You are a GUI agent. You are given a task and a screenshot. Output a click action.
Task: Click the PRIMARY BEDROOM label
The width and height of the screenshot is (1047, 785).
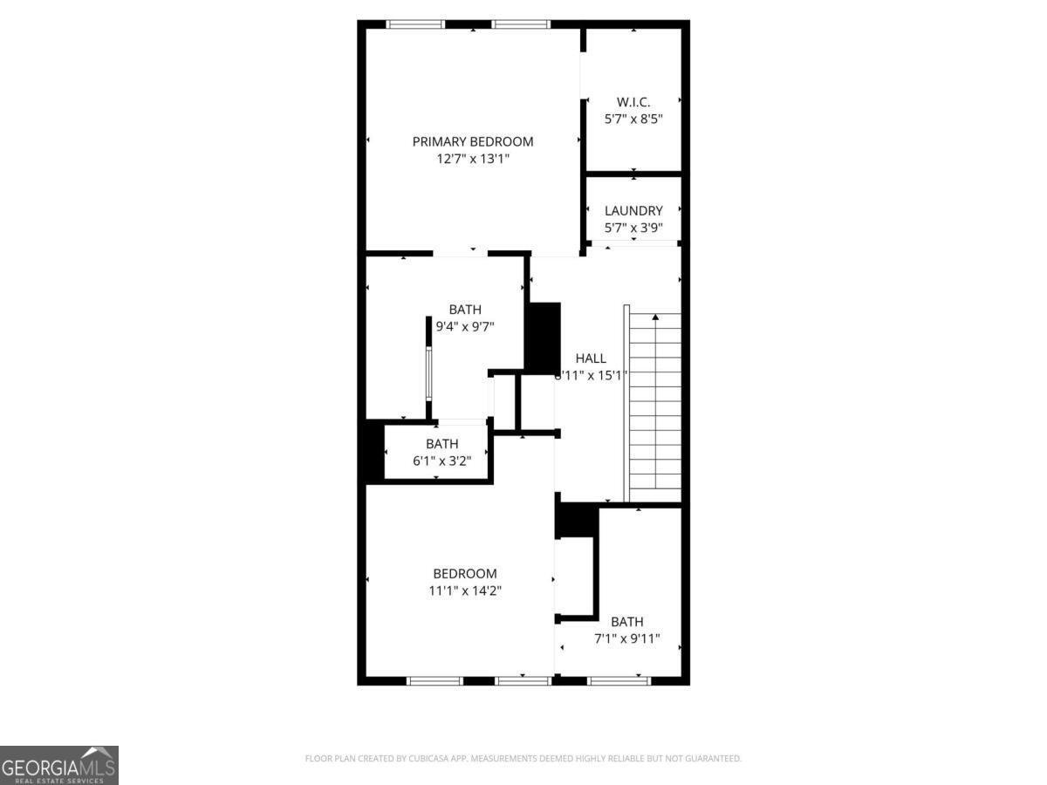point(472,141)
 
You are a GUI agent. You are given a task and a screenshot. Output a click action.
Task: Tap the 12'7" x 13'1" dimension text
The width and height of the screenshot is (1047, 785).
point(472,159)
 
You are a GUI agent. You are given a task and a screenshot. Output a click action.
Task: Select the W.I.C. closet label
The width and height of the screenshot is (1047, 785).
point(633,102)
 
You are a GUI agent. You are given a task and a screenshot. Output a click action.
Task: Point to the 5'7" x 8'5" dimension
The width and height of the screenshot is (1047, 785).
point(633,119)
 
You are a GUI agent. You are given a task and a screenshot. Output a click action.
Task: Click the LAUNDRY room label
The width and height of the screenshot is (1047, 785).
point(633,210)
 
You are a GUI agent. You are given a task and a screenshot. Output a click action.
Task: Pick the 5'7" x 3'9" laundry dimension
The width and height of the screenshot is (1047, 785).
point(633,228)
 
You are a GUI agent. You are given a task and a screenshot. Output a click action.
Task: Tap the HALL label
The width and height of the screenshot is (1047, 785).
point(591,358)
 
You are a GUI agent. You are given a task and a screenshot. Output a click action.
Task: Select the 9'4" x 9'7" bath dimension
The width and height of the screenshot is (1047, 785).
point(465,327)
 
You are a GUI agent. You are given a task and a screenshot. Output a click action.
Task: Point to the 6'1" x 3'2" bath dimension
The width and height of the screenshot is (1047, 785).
point(441,461)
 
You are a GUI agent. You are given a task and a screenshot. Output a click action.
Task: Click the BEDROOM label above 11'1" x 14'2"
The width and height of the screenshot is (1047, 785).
point(465,573)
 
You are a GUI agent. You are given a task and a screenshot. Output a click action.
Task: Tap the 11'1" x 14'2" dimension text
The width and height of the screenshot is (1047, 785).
point(465,590)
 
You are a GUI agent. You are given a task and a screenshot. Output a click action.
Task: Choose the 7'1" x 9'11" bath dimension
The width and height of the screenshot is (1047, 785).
point(626,638)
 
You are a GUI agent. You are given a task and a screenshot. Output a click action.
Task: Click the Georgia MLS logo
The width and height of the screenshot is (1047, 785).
point(58,764)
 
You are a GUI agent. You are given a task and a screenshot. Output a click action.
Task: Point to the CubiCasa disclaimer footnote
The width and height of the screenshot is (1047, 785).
point(523,758)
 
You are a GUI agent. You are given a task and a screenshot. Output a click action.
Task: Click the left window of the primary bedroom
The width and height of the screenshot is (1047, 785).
point(415,24)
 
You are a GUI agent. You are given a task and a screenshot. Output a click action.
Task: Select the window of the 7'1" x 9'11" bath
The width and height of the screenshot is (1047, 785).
point(619,680)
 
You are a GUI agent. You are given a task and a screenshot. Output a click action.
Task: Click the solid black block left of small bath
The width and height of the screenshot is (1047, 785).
point(373,451)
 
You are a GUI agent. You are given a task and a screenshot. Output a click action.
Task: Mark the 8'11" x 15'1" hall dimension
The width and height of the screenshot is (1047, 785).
point(592,375)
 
